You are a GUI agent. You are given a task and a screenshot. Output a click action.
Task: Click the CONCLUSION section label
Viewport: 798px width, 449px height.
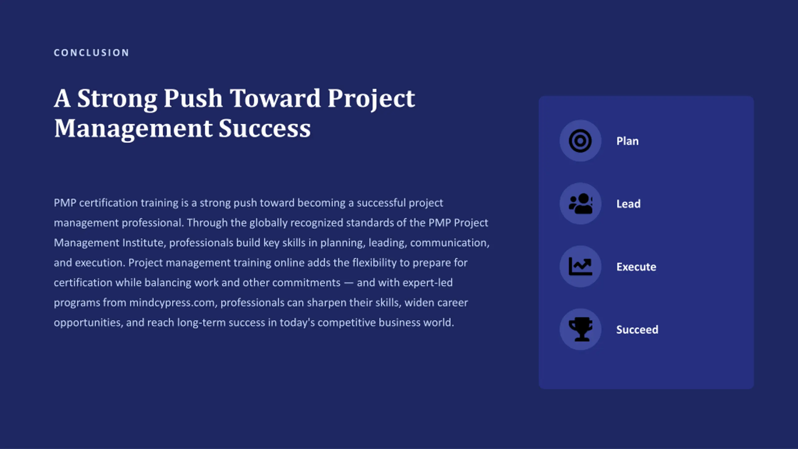(x=91, y=53)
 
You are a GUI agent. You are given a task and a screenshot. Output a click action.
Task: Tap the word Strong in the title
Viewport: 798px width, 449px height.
(x=117, y=99)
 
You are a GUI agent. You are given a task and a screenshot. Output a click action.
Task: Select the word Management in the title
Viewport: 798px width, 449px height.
(x=133, y=129)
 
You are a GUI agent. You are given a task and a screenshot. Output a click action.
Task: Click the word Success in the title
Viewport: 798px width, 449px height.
(x=265, y=128)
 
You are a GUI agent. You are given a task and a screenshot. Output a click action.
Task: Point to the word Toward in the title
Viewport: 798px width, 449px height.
(x=275, y=98)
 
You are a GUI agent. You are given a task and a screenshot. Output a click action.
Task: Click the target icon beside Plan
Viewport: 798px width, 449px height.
(x=580, y=141)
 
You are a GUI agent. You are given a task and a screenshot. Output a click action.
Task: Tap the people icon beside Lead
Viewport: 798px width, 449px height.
(x=580, y=204)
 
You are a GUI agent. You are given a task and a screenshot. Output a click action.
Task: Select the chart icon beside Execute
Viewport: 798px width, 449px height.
(x=580, y=267)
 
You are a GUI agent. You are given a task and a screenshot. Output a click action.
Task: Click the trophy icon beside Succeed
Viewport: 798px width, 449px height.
(x=580, y=329)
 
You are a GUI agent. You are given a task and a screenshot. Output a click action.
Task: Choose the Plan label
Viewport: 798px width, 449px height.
(x=627, y=141)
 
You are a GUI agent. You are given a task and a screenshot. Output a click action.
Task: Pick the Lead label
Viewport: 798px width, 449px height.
(x=628, y=204)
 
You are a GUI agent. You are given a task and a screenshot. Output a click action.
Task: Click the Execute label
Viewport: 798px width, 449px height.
(x=636, y=267)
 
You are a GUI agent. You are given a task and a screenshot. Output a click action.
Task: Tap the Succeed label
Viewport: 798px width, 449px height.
(x=637, y=330)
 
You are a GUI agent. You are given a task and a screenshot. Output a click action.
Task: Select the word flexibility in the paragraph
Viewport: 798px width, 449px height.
(x=374, y=263)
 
